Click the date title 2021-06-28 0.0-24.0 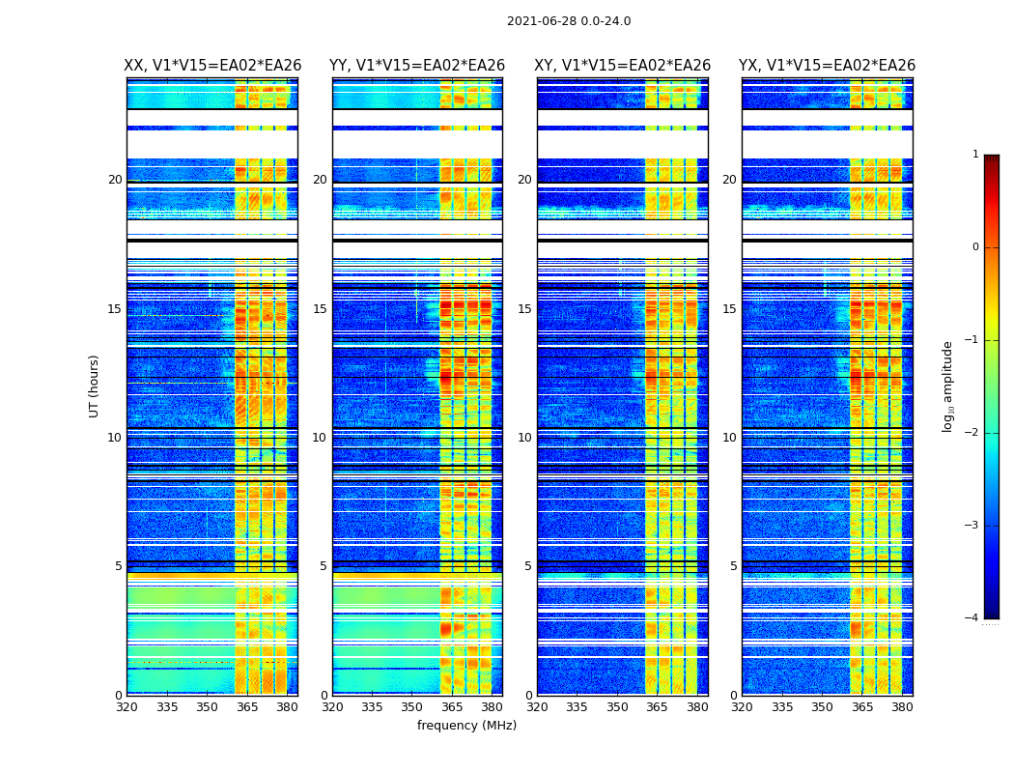click(x=569, y=21)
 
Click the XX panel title click(x=212, y=66)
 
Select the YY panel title click(x=417, y=66)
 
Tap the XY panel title click(x=623, y=66)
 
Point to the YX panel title click(x=828, y=66)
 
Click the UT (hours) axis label click(x=95, y=386)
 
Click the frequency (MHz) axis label click(x=466, y=726)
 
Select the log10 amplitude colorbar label click(x=948, y=386)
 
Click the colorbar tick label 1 click(x=974, y=155)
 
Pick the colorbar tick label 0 click(x=974, y=247)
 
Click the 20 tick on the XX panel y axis click(x=115, y=180)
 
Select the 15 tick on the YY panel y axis click(x=320, y=309)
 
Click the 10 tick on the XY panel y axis click(x=524, y=438)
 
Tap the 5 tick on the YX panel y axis click(x=733, y=566)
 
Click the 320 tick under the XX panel click(x=127, y=707)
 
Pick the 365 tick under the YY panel click(x=452, y=707)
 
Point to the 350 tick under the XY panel click(x=617, y=707)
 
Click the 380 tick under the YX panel click(x=902, y=707)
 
